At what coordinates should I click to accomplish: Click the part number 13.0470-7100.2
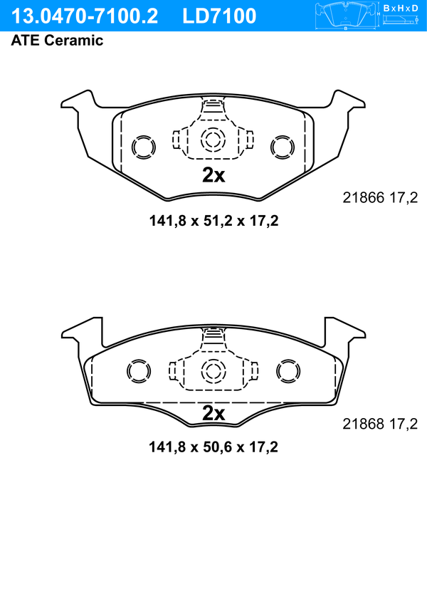tap(84, 16)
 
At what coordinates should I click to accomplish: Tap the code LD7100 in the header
tap(219, 16)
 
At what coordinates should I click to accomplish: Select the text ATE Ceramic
tap(57, 41)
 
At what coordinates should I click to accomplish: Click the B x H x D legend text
tap(400, 8)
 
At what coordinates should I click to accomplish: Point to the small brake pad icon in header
tap(346, 16)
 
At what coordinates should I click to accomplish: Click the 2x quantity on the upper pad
tap(213, 175)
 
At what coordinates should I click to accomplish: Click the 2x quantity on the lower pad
tap(213, 413)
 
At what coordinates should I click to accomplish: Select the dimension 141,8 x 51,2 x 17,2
tap(213, 221)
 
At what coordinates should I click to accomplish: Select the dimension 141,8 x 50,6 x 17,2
tap(213, 447)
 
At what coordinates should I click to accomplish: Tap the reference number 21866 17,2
tap(380, 198)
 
